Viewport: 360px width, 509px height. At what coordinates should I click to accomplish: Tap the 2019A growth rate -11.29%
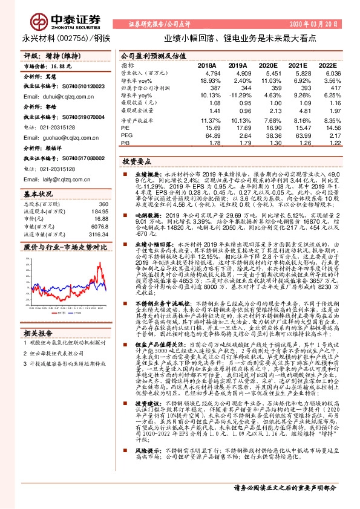click(236, 95)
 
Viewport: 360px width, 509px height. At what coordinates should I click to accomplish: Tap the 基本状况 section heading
click(39, 195)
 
